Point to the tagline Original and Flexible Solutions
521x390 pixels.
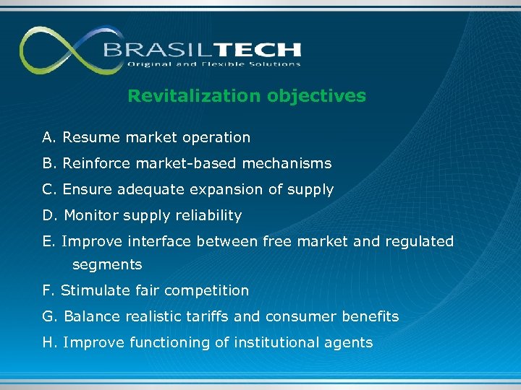(x=213, y=64)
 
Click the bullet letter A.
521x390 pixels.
(x=48, y=137)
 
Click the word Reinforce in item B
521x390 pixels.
(x=95, y=163)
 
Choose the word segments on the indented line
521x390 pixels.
(x=107, y=264)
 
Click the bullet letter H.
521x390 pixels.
(x=48, y=342)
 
